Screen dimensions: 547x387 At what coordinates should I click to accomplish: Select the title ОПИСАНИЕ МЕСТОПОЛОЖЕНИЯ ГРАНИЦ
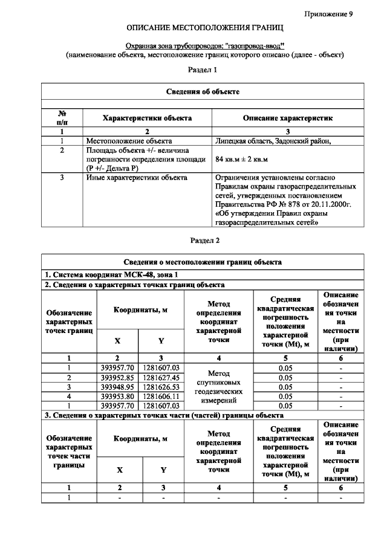point(204,28)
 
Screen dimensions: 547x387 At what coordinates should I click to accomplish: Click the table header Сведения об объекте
point(203,91)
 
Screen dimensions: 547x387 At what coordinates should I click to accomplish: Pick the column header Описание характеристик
point(287,118)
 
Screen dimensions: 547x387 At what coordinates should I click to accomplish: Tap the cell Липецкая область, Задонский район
point(273,140)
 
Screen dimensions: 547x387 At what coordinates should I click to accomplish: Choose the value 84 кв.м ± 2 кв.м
point(241,159)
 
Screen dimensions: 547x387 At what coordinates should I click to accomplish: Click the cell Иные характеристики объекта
point(136,178)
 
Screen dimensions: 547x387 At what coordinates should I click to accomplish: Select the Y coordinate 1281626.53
point(161,387)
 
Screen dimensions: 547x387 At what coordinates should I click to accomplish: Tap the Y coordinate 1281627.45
point(161,377)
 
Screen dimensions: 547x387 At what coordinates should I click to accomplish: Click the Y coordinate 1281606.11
point(161,396)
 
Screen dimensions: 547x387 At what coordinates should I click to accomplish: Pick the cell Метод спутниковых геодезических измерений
point(219,387)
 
